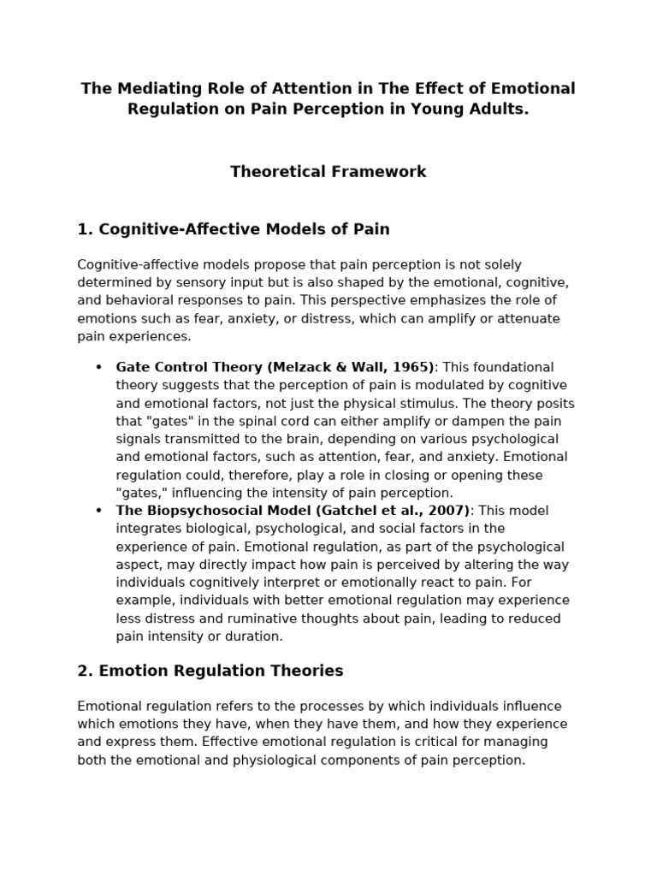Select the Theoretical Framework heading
(328, 172)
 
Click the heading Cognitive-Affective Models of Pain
(233, 229)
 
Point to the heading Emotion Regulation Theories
(210, 672)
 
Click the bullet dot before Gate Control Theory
(98, 368)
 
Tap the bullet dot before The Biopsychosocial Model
(98, 511)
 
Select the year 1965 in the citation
(411, 368)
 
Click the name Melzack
(308, 368)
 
